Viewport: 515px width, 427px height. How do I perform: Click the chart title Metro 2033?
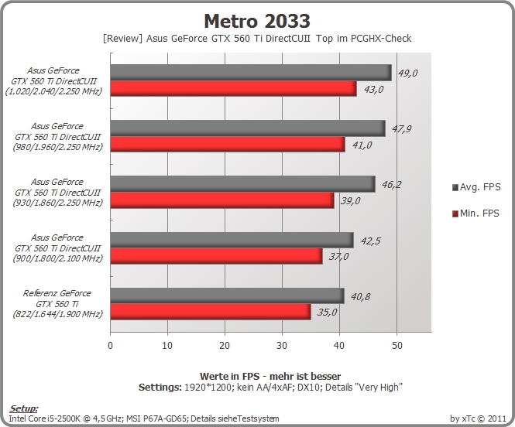[x=257, y=22]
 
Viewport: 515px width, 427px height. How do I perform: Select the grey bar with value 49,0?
[x=251, y=73]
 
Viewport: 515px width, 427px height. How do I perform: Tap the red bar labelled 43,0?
[x=234, y=88]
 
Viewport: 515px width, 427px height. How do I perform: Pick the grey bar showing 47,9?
[x=248, y=128]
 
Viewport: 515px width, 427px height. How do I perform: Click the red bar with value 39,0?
[x=222, y=200]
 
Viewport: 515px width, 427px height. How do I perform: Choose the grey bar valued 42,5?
[x=232, y=240]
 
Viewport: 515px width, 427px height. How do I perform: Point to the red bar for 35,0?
[x=211, y=312]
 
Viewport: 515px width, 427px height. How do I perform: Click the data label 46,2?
[x=391, y=185]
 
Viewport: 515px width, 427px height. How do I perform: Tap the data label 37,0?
[x=338, y=256]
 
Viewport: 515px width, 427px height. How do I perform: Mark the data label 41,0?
[x=362, y=145]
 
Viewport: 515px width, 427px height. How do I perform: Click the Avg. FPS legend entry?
[x=476, y=187]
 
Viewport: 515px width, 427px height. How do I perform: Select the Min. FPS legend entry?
[x=476, y=213]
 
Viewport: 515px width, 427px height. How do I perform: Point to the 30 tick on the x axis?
[x=282, y=345]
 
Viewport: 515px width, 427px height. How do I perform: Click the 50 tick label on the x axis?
[x=397, y=345]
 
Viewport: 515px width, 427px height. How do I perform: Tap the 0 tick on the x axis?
[x=110, y=345]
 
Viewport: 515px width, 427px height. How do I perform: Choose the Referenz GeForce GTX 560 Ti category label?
[x=57, y=303]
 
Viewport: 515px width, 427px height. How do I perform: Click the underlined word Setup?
[x=24, y=408]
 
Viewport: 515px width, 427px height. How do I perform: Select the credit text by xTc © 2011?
[x=478, y=418]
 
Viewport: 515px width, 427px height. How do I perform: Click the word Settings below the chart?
[x=160, y=388]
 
